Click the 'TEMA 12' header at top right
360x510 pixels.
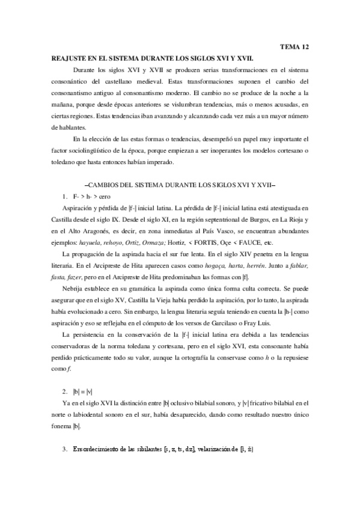294,46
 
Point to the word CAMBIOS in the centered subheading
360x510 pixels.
111,186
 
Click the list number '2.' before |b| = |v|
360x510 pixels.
66,390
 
